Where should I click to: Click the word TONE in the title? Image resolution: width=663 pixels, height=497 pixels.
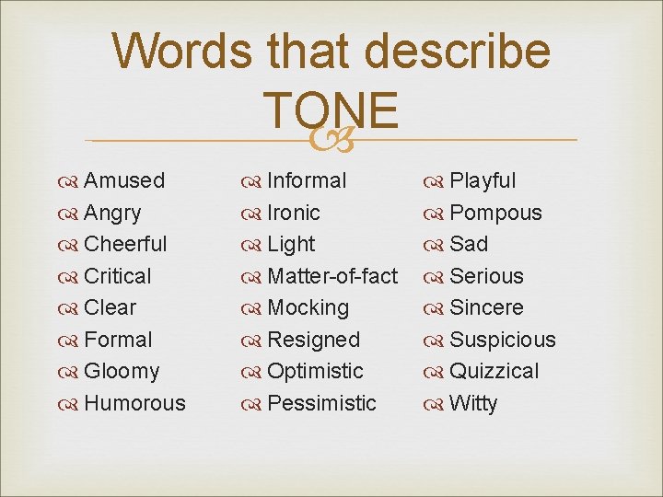[331, 110]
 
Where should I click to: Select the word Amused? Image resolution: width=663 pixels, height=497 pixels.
[124, 180]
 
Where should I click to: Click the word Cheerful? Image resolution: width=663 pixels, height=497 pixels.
[125, 244]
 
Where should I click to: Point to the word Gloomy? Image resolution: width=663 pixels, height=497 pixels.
[122, 371]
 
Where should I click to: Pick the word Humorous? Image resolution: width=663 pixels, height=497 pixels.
[134, 403]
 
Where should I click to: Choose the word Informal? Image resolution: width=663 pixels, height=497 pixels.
[307, 180]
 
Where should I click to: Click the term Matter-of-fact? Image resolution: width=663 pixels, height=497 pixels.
[332, 276]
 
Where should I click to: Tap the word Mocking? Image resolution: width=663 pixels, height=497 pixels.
[308, 307]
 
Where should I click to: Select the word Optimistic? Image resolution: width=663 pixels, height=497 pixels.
[315, 371]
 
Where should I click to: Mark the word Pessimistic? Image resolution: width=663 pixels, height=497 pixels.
[321, 403]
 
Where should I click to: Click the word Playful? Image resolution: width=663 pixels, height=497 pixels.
[483, 180]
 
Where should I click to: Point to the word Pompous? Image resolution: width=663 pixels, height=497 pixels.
[495, 213]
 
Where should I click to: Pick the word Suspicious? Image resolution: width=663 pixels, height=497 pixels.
[503, 340]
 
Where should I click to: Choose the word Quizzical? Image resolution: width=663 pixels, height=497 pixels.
[494, 371]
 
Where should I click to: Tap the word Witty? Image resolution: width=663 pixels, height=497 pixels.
[473, 403]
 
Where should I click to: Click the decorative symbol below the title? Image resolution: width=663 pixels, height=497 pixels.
[331, 140]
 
